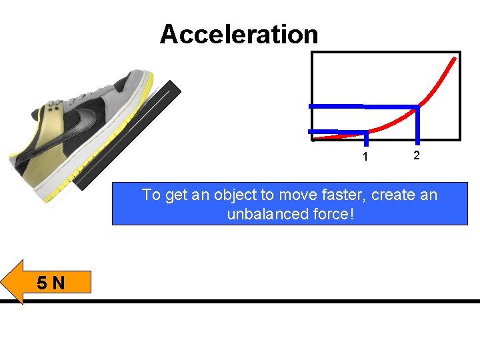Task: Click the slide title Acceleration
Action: pyautogui.click(x=239, y=34)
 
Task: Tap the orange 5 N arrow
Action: pyautogui.click(x=47, y=282)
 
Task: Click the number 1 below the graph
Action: pyautogui.click(x=365, y=157)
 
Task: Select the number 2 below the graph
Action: pyautogui.click(x=416, y=155)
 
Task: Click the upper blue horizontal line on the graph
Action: pyautogui.click(x=363, y=106)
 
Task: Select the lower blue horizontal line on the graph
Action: pyautogui.click(x=337, y=131)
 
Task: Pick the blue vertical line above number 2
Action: pyautogui.click(x=418, y=125)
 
